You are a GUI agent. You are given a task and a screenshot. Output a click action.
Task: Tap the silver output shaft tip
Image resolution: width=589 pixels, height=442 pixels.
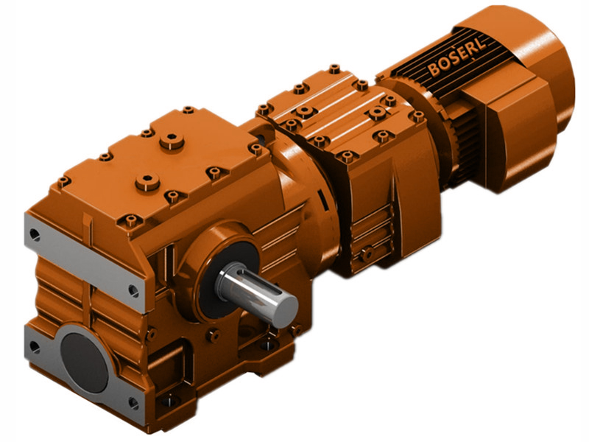284,304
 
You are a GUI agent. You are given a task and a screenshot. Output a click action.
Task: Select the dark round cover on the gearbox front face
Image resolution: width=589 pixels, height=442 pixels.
83,361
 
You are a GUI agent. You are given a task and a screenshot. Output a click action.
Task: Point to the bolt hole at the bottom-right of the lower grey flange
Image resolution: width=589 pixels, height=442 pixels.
133,402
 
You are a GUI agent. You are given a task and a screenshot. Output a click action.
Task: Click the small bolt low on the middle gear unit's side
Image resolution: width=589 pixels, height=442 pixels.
366,254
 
